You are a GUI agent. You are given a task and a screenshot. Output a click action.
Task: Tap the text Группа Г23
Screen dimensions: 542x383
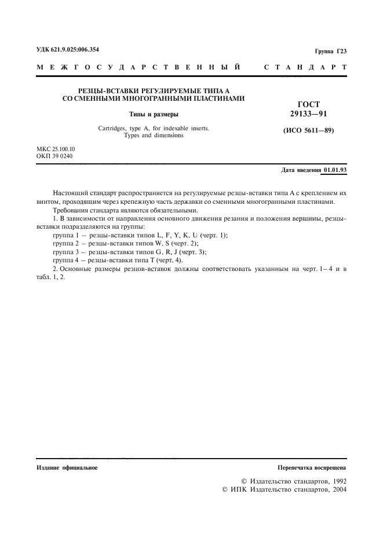point(330,52)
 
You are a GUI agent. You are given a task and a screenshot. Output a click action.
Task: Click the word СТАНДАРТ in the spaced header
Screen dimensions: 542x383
point(305,68)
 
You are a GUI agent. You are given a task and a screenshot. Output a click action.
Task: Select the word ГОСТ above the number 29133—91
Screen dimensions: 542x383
point(308,104)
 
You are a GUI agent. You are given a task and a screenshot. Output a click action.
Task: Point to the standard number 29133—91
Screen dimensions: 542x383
point(308,113)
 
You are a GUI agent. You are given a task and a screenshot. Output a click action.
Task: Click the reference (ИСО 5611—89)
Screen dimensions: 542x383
point(309,130)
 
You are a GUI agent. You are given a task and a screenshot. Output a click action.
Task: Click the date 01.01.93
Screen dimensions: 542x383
point(335,170)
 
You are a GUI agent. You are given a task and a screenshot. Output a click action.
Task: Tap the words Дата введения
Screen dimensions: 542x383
point(301,170)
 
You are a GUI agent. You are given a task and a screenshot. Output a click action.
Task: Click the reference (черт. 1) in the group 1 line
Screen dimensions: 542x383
point(213,236)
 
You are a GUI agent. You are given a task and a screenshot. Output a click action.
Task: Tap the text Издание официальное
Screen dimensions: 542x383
point(67,467)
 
